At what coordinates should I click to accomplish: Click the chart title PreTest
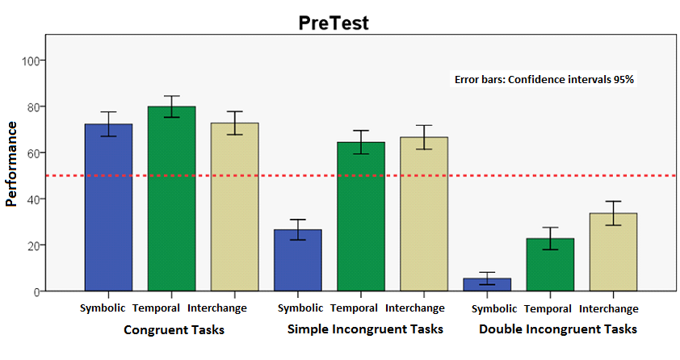(334, 23)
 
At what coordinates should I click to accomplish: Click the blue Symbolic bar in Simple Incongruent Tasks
(298, 260)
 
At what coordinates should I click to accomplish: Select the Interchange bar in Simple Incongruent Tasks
(424, 214)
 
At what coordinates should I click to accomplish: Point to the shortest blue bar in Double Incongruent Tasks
(487, 284)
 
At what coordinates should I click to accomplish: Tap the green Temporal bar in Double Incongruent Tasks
(550, 264)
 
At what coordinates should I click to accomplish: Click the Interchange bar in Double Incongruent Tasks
(613, 252)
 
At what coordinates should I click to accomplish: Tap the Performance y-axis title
(12, 164)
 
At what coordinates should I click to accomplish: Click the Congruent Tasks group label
(174, 329)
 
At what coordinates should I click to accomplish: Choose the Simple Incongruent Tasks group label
(365, 329)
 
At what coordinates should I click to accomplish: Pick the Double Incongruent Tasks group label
(557, 329)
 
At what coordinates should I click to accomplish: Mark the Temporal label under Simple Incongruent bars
(354, 308)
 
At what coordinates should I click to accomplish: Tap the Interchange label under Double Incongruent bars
(608, 309)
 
